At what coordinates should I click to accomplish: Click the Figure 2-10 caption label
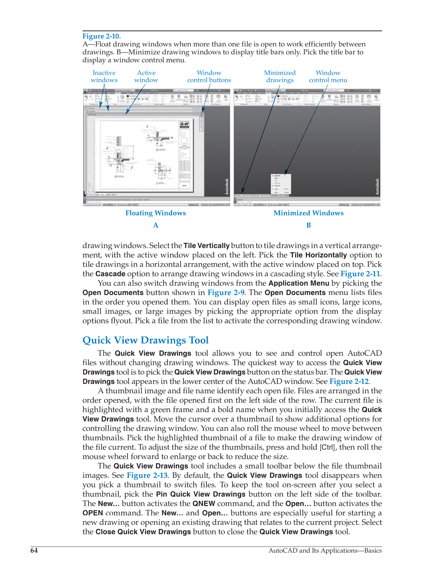point(102,36)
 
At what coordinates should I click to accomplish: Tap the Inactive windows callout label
point(104,77)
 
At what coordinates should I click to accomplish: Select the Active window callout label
point(146,77)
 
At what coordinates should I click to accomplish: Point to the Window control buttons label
point(209,77)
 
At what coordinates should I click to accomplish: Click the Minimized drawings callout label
point(280,77)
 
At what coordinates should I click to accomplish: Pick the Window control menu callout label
point(328,77)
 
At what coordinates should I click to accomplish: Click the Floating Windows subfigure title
point(156,213)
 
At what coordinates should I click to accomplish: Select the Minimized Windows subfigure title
point(308,213)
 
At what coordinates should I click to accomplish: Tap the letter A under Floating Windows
point(156,225)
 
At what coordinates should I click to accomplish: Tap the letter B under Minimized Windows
point(308,225)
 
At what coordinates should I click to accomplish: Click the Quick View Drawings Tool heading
point(146,340)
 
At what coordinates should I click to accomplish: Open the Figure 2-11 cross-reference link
point(360,274)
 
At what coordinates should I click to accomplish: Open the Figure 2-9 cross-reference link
point(226,293)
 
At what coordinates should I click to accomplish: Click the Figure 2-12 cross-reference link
point(349,381)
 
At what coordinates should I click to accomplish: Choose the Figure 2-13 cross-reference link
point(147,476)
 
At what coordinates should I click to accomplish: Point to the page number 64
point(34,550)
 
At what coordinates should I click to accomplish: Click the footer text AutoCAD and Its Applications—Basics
point(325,550)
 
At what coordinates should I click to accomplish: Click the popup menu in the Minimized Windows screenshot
point(281,184)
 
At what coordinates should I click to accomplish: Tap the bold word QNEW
point(204,504)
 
